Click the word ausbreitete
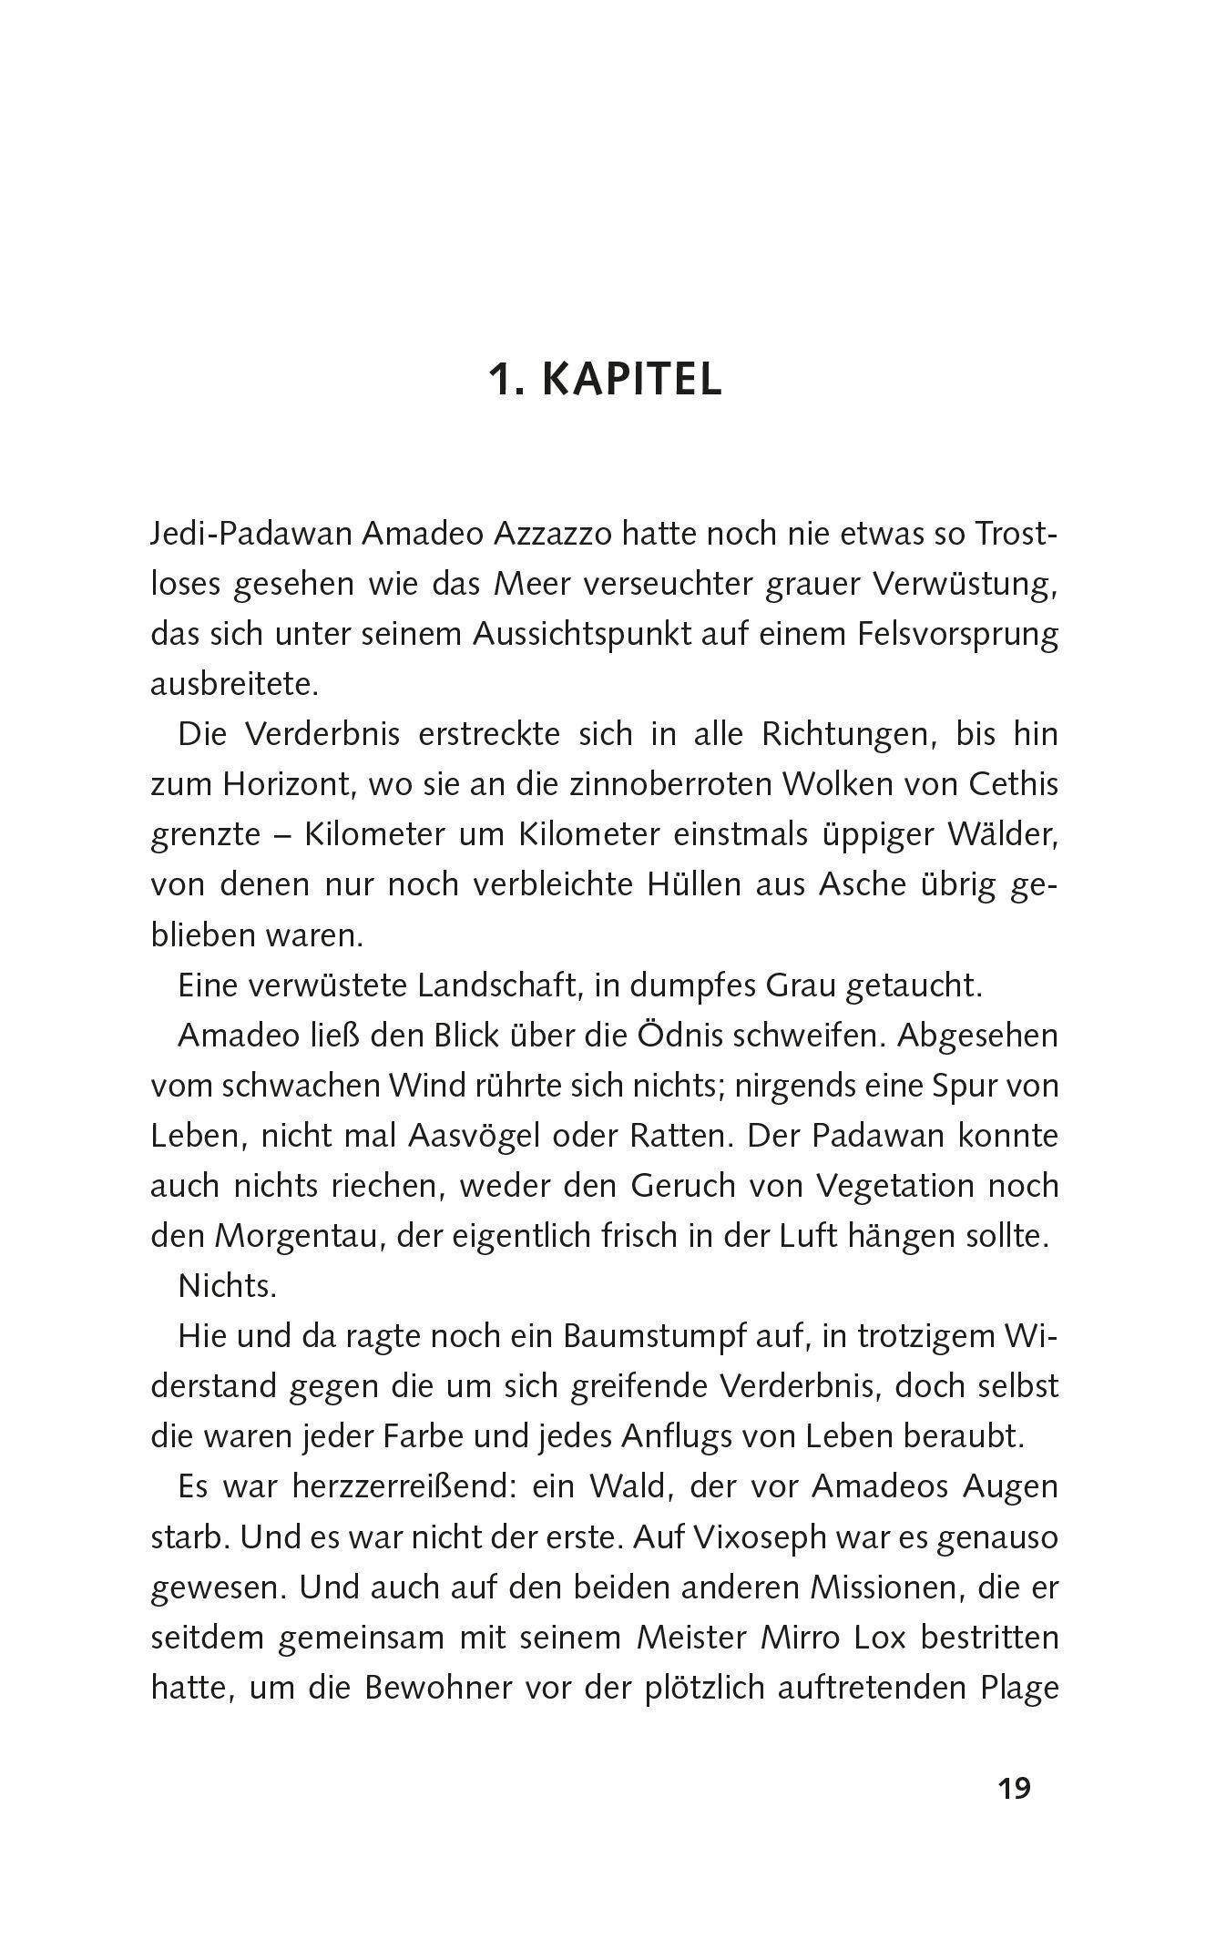point(234,684)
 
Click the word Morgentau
point(291,1236)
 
